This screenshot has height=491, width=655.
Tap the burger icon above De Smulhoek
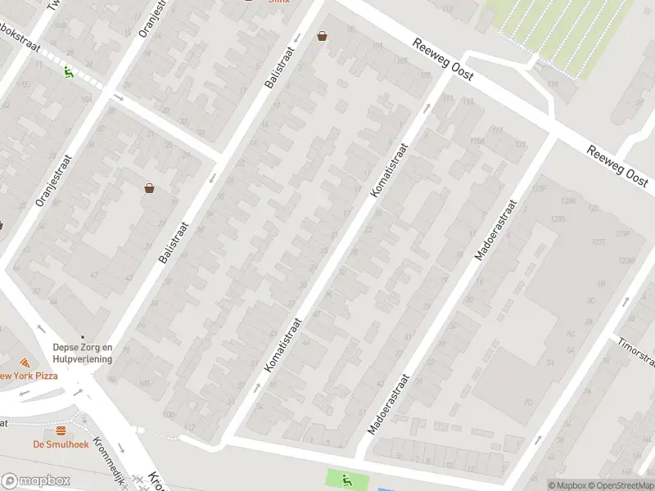coord(61,431)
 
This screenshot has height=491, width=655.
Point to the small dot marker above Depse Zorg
coord(81,336)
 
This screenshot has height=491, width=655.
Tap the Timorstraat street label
coord(637,353)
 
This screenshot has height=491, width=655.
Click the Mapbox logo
coord(36,481)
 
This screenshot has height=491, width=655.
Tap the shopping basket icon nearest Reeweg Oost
coord(323,36)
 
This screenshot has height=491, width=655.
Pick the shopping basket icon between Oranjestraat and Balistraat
coord(150,187)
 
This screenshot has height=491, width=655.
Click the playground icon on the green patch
coord(347,480)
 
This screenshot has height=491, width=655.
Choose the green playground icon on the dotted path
coord(67,70)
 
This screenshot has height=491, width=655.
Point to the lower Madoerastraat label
coord(388,404)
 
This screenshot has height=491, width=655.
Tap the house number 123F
coord(539,188)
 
